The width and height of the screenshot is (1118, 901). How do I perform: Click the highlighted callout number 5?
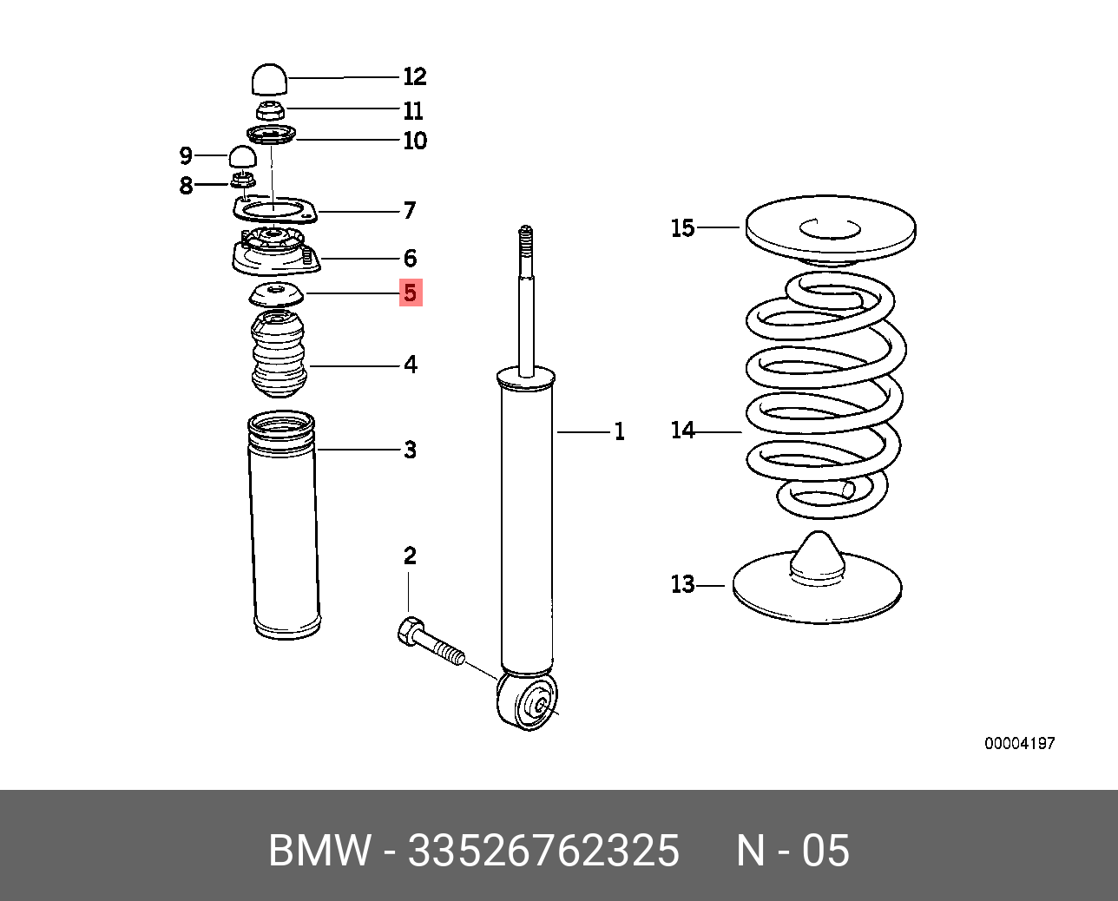(411, 293)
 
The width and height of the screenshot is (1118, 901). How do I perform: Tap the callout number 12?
(415, 77)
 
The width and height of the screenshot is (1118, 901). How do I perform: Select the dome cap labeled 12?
(269, 79)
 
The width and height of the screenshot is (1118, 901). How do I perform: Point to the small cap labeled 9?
(243, 157)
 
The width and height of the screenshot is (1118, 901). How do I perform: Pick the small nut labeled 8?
(243, 181)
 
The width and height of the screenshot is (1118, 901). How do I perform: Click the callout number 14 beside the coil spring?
(683, 430)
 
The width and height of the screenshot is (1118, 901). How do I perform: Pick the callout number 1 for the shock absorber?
(620, 431)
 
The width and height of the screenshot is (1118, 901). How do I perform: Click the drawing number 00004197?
(1019, 743)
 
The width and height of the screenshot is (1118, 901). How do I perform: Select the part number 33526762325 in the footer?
(543, 851)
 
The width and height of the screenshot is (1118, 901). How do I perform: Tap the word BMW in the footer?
(319, 851)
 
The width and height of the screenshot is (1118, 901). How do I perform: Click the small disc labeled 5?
(277, 294)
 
